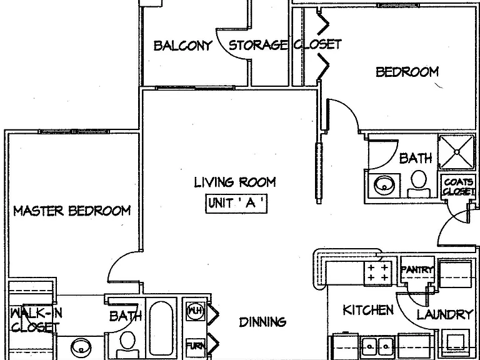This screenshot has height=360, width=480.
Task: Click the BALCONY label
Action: [182, 46]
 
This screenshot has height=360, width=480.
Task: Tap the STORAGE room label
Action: [258, 45]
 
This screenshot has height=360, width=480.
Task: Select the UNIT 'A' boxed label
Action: [236, 204]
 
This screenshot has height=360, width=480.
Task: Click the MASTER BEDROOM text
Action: [72, 211]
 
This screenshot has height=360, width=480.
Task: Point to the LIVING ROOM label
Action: [235, 182]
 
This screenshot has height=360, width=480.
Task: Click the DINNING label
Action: [262, 322]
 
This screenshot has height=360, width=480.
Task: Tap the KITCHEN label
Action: [368, 310]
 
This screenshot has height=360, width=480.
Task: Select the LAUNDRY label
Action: [445, 314]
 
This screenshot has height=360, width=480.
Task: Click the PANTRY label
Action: [417, 270]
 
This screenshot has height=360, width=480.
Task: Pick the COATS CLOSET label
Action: [458, 187]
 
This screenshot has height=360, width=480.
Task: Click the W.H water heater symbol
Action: [195, 311]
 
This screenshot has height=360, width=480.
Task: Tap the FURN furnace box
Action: [196, 346]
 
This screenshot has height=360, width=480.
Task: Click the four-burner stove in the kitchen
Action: [377, 273]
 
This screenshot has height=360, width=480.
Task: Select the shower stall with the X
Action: [456, 152]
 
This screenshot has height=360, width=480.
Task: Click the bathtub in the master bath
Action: [161, 328]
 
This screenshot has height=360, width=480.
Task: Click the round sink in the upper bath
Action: [384, 186]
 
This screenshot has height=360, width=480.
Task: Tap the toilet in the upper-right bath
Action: [419, 184]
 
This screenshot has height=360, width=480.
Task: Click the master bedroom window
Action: [74, 132]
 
